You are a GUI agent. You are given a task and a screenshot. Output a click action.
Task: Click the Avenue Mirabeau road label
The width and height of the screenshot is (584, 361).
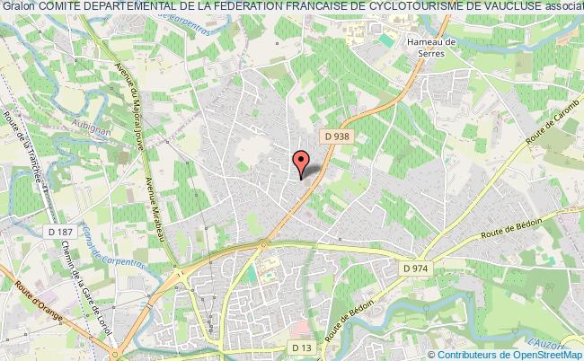149,197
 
